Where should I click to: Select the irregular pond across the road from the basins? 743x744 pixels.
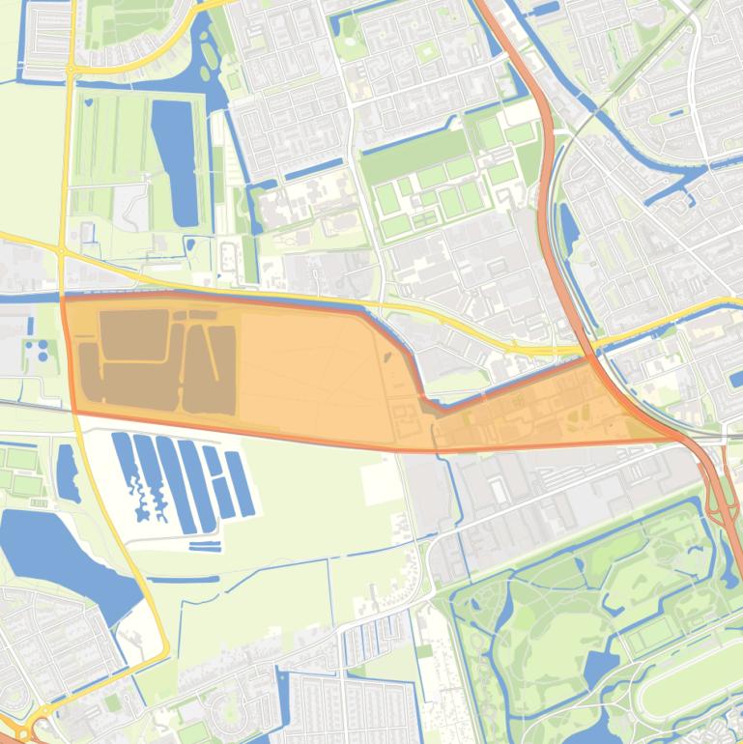click(x=68, y=473)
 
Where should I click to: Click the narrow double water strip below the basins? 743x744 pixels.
click(x=205, y=547)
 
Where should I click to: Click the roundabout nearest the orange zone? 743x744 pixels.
click(x=61, y=250)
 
